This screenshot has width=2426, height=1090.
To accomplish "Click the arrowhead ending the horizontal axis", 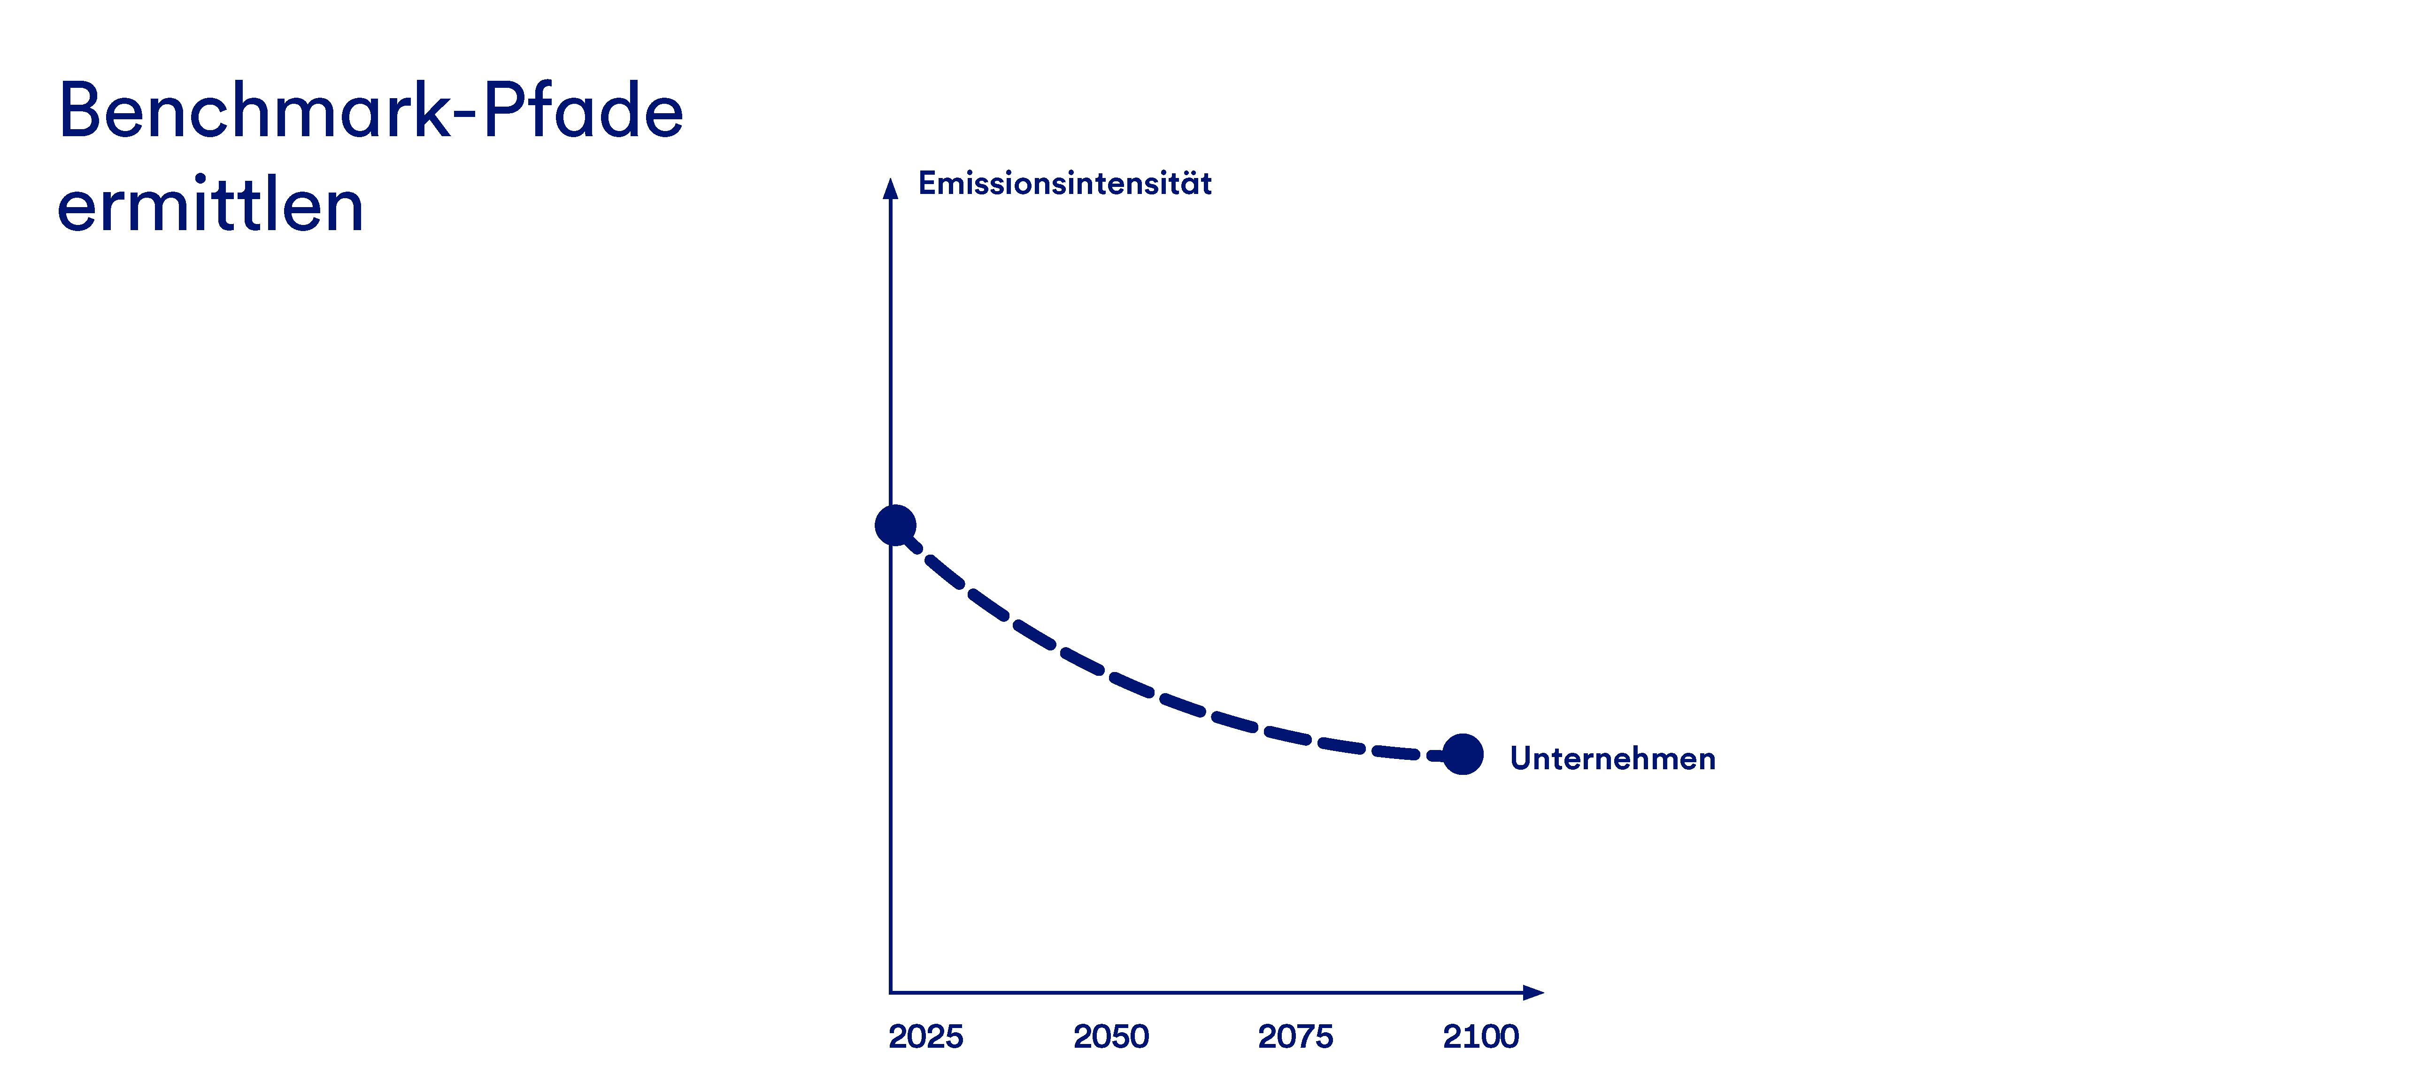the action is (1533, 992).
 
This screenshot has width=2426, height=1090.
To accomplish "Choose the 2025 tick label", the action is (926, 1036).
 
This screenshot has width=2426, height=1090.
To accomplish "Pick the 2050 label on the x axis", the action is (1111, 1036).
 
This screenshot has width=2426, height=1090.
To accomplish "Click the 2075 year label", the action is (1296, 1036).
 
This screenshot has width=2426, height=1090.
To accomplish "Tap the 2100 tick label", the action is (1480, 1036).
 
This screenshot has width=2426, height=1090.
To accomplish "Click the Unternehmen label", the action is (1612, 758).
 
